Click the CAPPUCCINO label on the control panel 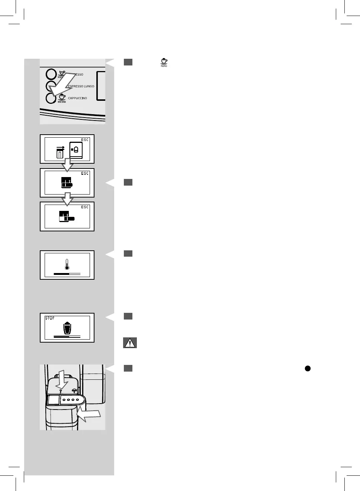coord(77,98)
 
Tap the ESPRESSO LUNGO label coord(81,86)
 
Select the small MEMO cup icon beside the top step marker coord(164,62)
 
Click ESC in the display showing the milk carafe coord(85,140)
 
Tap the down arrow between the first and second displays coord(67,165)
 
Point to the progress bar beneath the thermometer coord(67,274)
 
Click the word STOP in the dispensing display coord(50,318)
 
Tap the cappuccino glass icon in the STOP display coord(67,328)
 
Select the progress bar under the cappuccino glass coord(67,336)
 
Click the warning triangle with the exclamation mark coord(130,343)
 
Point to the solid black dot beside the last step coord(308,368)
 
